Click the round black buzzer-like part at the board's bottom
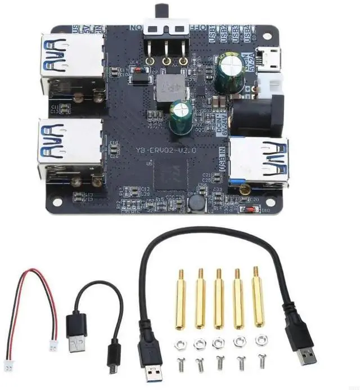pos(196,202)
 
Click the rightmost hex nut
pos(261,340)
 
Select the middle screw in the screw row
pos(219,362)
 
